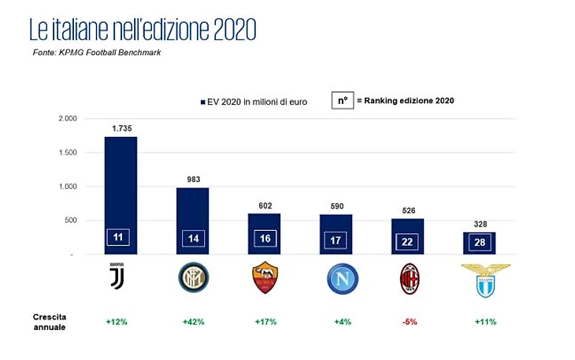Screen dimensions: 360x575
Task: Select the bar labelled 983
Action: pyautogui.click(x=192, y=221)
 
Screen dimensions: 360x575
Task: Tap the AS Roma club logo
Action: pyautogui.click(x=264, y=277)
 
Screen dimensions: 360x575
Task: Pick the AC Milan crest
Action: pyautogui.click(x=408, y=278)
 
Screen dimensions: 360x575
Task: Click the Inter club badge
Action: pyautogui.click(x=192, y=277)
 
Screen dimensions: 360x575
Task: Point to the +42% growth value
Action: pyautogui.click(x=192, y=321)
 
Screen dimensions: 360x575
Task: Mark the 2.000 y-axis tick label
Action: pyautogui.click(x=66, y=118)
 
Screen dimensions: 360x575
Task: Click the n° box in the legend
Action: pyautogui.click(x=342, y=101)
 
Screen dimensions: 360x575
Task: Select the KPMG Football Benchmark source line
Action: pyautogui.click(x=98, y=53)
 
